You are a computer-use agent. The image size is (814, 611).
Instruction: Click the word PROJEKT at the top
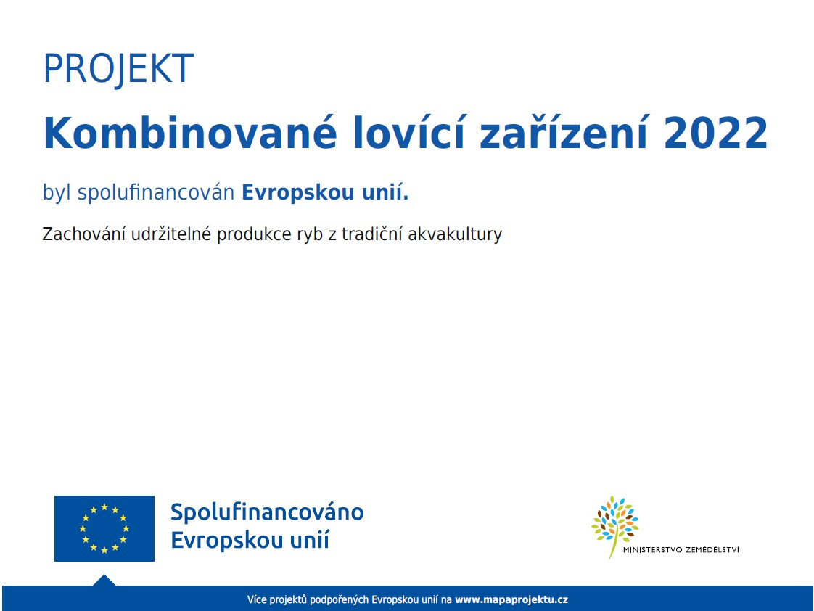point(118,69)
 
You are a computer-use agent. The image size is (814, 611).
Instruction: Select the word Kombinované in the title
point(190,133)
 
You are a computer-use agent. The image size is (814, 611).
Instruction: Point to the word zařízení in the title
point(564,133)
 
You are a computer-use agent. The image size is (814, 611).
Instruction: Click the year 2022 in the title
point(716,133)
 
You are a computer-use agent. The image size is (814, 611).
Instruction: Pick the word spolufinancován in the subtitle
point(156,193)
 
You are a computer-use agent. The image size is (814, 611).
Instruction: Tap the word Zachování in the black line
point(83,234)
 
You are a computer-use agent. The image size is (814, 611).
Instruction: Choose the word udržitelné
point(170,234)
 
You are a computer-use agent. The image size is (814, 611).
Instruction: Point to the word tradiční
point(371,234)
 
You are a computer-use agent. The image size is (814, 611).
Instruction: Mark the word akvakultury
point(455,234)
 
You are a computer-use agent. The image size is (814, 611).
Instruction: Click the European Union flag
point(104,528)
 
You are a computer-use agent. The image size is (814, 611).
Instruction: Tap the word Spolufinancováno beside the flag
point(268,512)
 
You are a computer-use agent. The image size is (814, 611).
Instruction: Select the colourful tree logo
point(615,525)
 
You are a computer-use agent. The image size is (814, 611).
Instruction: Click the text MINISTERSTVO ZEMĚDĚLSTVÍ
point(681,550)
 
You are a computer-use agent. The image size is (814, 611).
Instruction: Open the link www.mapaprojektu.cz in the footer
point(511,599)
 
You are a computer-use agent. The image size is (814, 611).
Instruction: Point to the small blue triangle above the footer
point(104,581)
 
